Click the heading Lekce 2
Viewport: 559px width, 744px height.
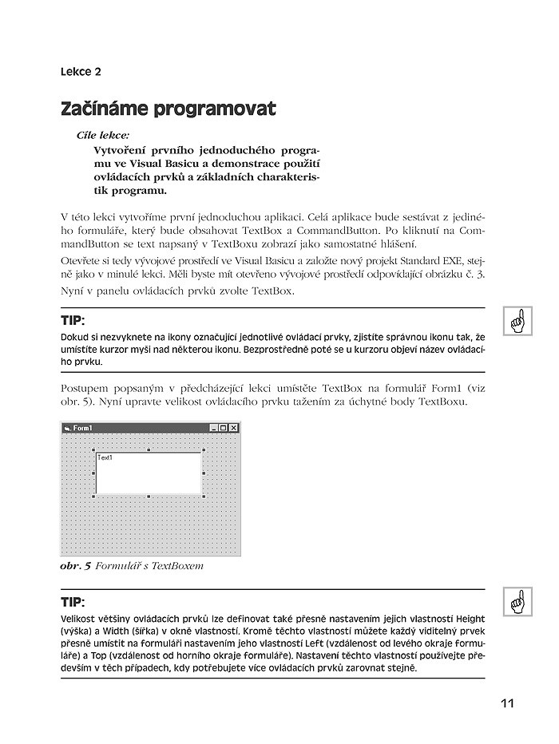click(x=81, y=73)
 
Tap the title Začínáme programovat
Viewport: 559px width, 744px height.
click(x=168, y=109)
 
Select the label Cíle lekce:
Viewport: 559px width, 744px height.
click(x=102, y=136)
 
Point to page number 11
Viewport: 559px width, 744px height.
click(x=507, y=703)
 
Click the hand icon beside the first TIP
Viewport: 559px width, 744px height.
click(x=517, y=323)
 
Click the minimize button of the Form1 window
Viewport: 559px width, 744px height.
click(x=213, y=429)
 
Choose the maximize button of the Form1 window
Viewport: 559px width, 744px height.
click(x=223, y=429)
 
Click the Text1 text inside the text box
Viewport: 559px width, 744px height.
click(x=105, y=457)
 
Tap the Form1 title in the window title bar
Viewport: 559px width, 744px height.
click(x=82, y=429)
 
